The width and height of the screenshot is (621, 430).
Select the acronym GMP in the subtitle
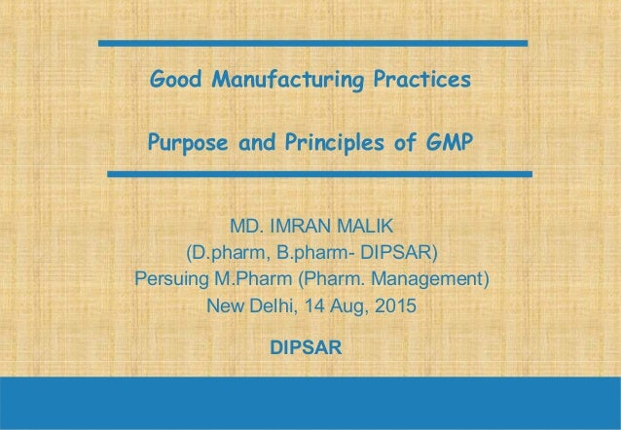[x=448, y=145]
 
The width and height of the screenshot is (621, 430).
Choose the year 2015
[x=395, y=308]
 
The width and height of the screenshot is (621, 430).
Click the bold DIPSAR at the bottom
[x=310, y=347]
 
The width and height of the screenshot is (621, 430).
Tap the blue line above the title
[x=312, y=44]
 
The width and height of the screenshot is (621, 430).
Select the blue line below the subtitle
[x=319, y=173]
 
